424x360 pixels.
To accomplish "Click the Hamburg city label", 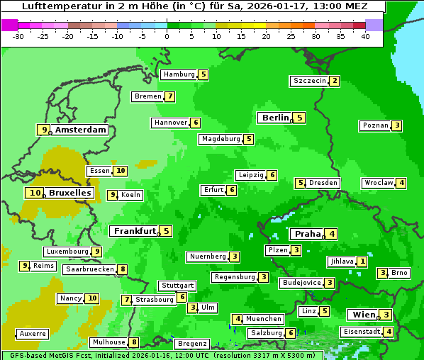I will coord(179,74).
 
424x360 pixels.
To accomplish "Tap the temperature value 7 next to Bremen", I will coord(169,96).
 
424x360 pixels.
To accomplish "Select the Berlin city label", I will coord(275,118).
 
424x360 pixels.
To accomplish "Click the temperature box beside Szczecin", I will coord(334,81).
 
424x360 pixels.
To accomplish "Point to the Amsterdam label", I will coord(80,130).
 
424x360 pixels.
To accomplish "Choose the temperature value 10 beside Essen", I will coord(121,171).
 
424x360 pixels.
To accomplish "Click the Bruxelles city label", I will coord(69,193).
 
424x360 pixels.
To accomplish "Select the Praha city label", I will coord(308,234).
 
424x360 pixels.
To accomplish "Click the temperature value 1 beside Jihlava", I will coord(362,261).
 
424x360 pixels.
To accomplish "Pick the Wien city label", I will coord(362,315).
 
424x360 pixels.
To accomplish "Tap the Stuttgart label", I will coord(177,286).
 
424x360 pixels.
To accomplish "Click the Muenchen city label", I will coord(264,319).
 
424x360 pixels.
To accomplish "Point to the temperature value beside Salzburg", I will coord(290,333).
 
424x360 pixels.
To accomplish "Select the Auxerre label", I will coord(33,333).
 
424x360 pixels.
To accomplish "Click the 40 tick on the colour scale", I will coord(365,36).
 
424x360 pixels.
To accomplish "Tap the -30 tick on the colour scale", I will coord(19,36).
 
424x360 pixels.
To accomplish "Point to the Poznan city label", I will coord(375,125).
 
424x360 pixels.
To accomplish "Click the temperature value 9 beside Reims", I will coord(25,266).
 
